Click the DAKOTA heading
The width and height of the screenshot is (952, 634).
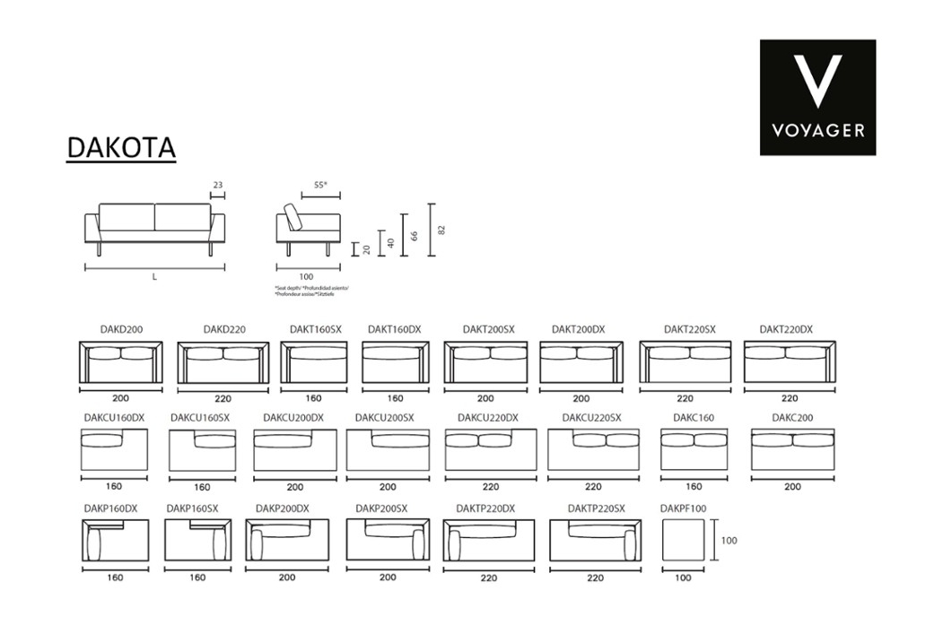(121, 148)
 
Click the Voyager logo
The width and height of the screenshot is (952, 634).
(817, 97)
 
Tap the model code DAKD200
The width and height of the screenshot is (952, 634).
(121, 330)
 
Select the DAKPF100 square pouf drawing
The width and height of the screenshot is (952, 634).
(683, 541)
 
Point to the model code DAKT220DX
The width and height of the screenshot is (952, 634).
(786, 330)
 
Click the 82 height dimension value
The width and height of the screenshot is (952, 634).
(441, 230)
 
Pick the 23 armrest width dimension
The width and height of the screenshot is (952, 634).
(217, 186)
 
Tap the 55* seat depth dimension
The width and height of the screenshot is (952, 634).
(320, 186)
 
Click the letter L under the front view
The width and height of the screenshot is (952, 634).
(154, 277)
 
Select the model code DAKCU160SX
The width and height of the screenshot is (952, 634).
(200, 418)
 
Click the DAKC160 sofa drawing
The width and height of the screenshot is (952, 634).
(694, 449)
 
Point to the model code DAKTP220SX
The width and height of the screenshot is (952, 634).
(595, 508)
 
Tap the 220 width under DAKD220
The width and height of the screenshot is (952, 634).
(223, 399)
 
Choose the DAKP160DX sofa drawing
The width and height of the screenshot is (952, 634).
(115, 541)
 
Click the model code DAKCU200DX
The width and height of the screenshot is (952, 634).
(293, 418)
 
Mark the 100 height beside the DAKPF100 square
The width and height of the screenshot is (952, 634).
(729, 541)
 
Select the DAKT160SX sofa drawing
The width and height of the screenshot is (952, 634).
(314, 362)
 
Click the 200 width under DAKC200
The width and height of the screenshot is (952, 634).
(792, 487)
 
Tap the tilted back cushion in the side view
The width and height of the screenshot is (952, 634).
(293, 217)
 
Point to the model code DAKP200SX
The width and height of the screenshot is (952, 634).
(381, 508)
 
